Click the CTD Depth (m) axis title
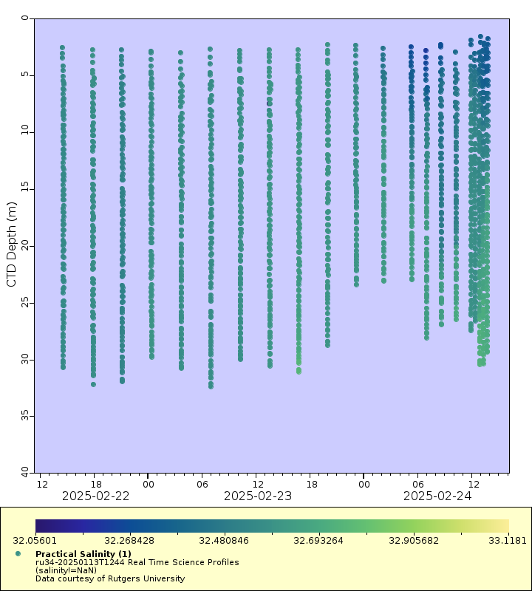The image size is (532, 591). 12,245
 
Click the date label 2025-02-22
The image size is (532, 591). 95,496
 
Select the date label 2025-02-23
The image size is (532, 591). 257,496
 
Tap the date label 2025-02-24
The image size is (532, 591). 437,496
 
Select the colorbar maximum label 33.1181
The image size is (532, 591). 509,540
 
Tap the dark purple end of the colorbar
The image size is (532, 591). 40,525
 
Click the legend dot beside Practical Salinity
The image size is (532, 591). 18,553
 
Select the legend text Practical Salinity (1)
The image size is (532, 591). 83,554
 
